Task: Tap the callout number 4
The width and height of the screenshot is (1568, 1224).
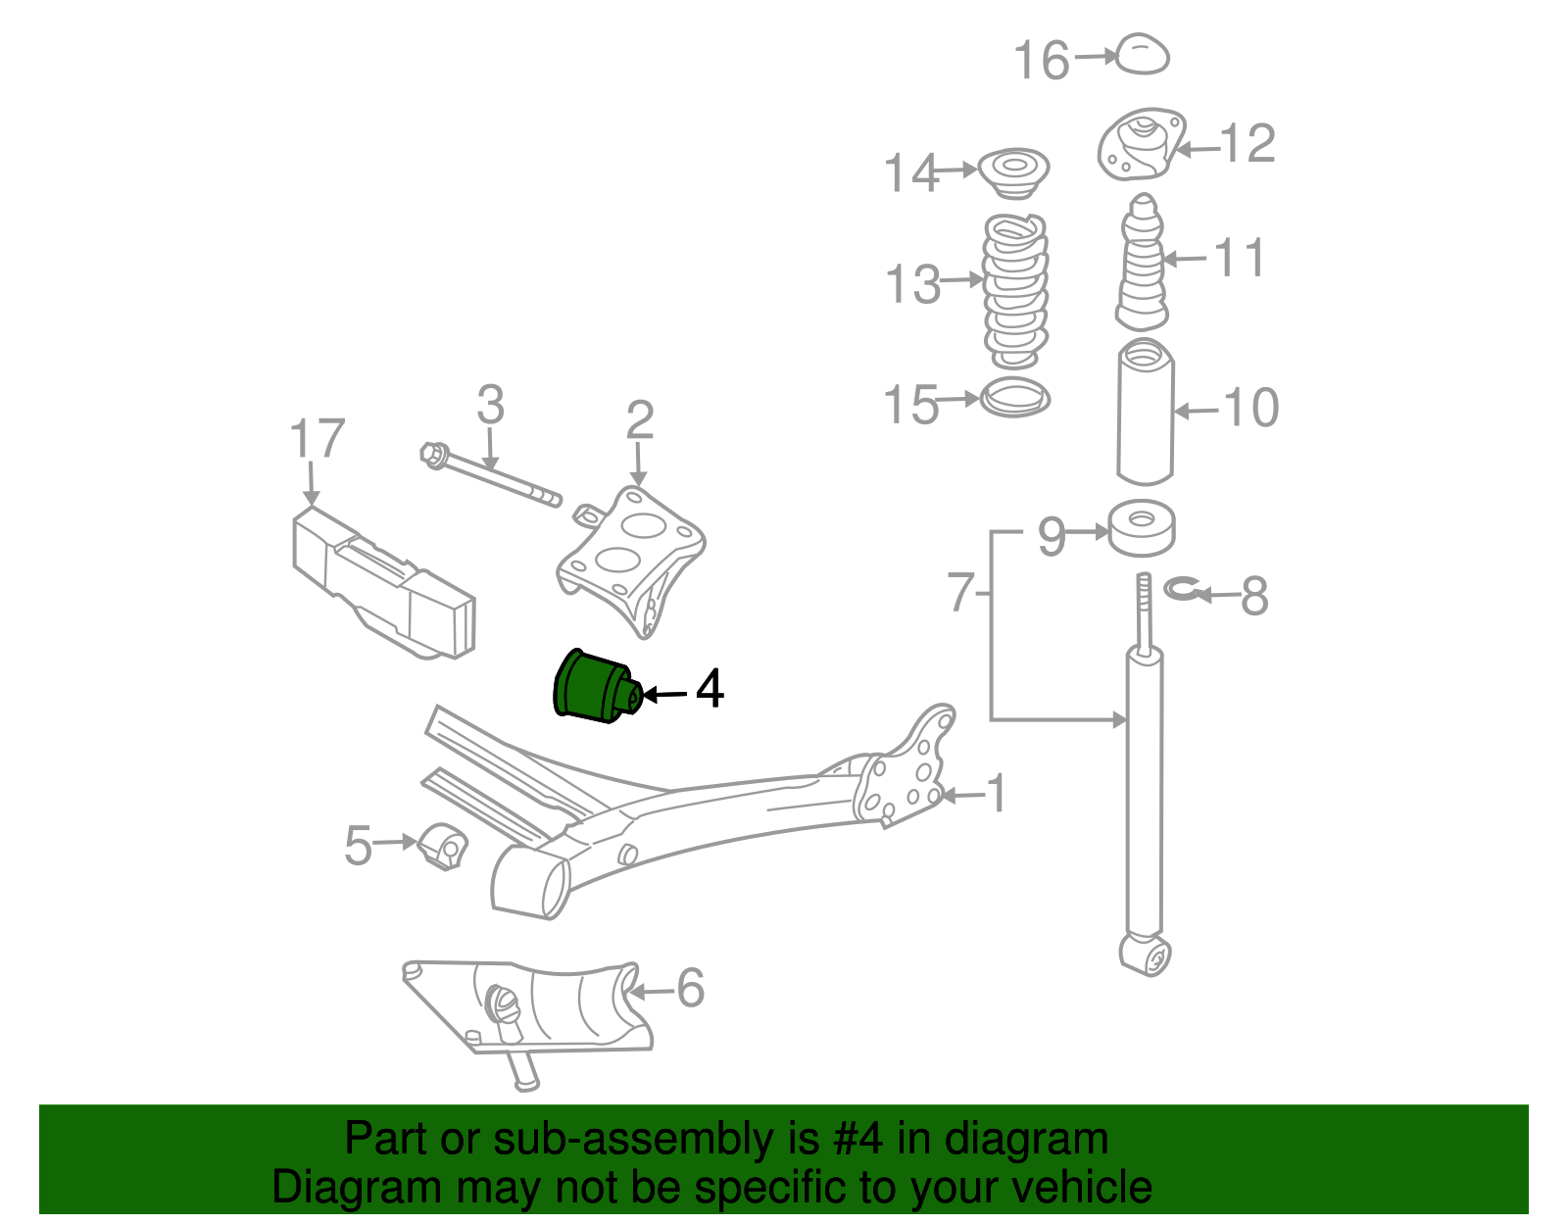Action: click(710, 689)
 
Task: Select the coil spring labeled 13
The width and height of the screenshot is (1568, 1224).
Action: click(1015, 289)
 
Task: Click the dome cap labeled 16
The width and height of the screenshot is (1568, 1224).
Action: click(1143, 55)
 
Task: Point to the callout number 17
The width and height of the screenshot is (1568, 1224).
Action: click(318, 439)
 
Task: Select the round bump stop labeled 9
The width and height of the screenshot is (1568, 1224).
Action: click(1141, 529)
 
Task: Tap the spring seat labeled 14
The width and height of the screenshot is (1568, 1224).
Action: click(1014, 171)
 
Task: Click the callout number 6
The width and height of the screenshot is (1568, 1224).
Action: click(690, 988)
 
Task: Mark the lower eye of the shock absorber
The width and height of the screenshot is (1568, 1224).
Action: click(1145, 955)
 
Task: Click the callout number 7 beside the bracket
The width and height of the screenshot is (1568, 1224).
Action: click(960, 592)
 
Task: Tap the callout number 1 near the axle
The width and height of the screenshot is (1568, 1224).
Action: click(997, 794)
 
